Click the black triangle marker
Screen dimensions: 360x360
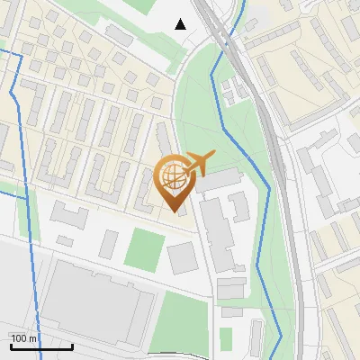click(181, 24)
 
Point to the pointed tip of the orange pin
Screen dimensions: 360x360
click(172, 211)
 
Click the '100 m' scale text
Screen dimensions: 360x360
click(24, 338)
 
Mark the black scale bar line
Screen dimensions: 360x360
click(41, 346)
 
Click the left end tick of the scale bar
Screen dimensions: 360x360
click(11, 345)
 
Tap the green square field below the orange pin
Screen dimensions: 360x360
click(143, 247)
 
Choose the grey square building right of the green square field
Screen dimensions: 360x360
click(183, 258)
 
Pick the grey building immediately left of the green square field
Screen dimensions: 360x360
click(109, 244)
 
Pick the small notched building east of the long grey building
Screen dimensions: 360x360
click(238, 205)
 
